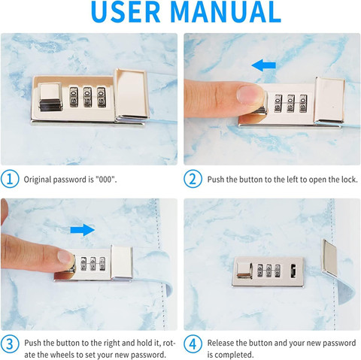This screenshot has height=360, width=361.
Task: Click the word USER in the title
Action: (126, 11)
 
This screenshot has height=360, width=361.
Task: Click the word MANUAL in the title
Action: (226, 11)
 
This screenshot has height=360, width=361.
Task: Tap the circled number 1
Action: (10, 179)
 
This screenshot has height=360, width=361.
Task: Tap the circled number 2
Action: (193, 179)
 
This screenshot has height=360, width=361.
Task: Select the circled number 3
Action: (10, 343)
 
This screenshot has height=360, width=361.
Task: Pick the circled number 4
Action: (193, 343)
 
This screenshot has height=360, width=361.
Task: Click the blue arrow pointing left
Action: (263, 65)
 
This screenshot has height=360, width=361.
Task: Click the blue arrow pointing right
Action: (83, 230)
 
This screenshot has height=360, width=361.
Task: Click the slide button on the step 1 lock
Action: (50, 97)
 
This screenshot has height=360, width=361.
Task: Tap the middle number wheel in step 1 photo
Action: (87, 97)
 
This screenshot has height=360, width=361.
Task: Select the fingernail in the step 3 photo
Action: (65, 257)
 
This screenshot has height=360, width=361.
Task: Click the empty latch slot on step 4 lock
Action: (293, 271)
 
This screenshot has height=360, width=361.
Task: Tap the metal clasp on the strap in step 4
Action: (330, 258)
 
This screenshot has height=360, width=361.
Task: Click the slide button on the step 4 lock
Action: (244, 271)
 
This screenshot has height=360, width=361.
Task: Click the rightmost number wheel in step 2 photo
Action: (303, 104)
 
